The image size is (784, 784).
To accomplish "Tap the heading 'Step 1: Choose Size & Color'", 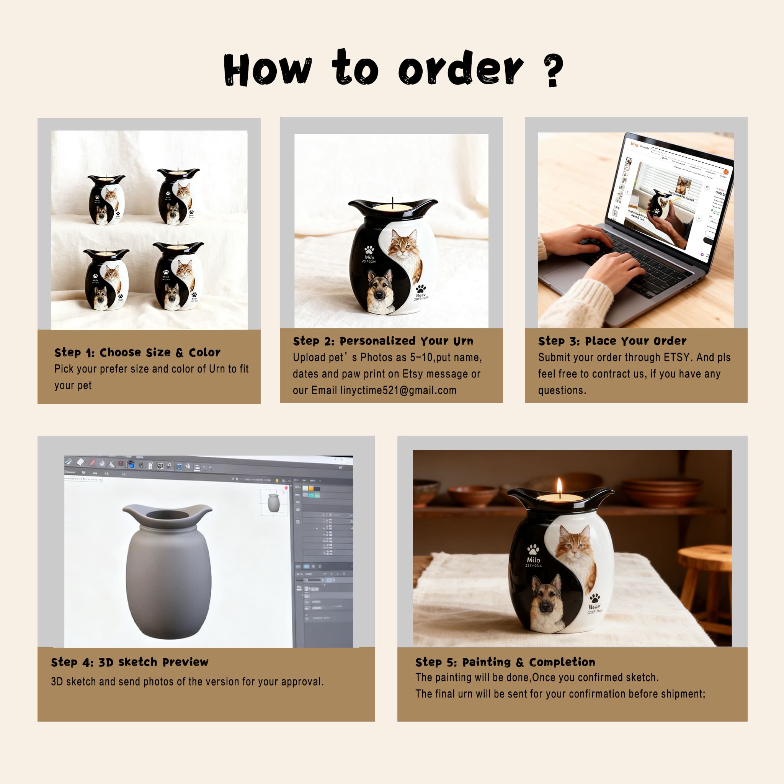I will [x=137, y=352].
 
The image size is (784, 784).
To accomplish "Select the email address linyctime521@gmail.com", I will [x=398, y=390].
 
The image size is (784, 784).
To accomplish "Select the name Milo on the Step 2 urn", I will [x=369, y=257].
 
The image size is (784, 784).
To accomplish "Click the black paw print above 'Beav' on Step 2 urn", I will [x=421, y=289].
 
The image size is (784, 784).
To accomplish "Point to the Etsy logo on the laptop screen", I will [x=634, y=144].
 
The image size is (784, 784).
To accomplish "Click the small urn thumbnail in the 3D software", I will [x=273, y=503].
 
